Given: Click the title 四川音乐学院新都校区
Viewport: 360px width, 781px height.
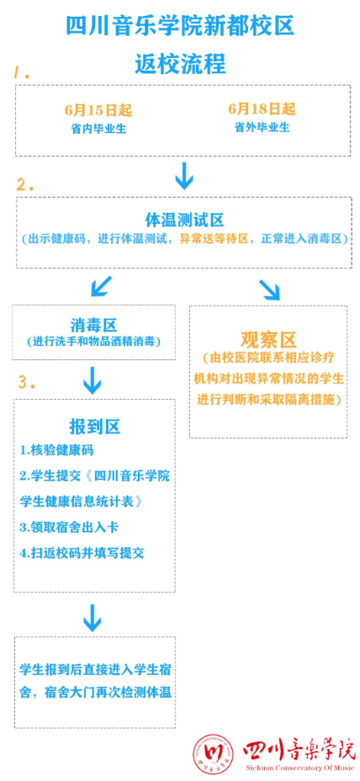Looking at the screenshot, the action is click(180, 26).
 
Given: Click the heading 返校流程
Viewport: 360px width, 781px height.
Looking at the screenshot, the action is click(180, 64).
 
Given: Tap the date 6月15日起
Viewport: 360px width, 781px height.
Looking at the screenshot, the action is click(98, 109).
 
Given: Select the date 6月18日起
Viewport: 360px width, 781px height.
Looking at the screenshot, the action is click(262, 109).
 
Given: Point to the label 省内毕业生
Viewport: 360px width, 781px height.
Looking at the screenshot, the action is click(98, 129).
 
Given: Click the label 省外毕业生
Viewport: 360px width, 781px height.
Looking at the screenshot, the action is click(262, 128).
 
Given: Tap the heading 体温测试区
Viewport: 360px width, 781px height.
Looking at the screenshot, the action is click(184, 219).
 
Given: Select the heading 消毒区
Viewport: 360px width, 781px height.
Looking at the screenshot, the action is click(93, 326).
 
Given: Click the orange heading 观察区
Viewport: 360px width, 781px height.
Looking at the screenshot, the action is click(268, 340).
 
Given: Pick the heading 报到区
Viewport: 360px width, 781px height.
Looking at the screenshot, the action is click(94, 427).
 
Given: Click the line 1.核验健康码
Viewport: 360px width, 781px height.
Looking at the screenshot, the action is click(56, 451).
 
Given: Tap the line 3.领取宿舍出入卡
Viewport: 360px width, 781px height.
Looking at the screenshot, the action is click(69, 528).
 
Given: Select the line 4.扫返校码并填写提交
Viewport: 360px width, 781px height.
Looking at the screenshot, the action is click(82, 553).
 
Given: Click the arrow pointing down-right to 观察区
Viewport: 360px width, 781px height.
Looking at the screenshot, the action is click(269, 290).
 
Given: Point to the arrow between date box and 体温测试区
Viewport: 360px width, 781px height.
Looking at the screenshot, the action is click(183, 175).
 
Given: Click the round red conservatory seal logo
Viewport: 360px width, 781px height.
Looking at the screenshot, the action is click(213, 754).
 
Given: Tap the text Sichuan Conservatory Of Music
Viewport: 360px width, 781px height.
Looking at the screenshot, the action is click(299, 768).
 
